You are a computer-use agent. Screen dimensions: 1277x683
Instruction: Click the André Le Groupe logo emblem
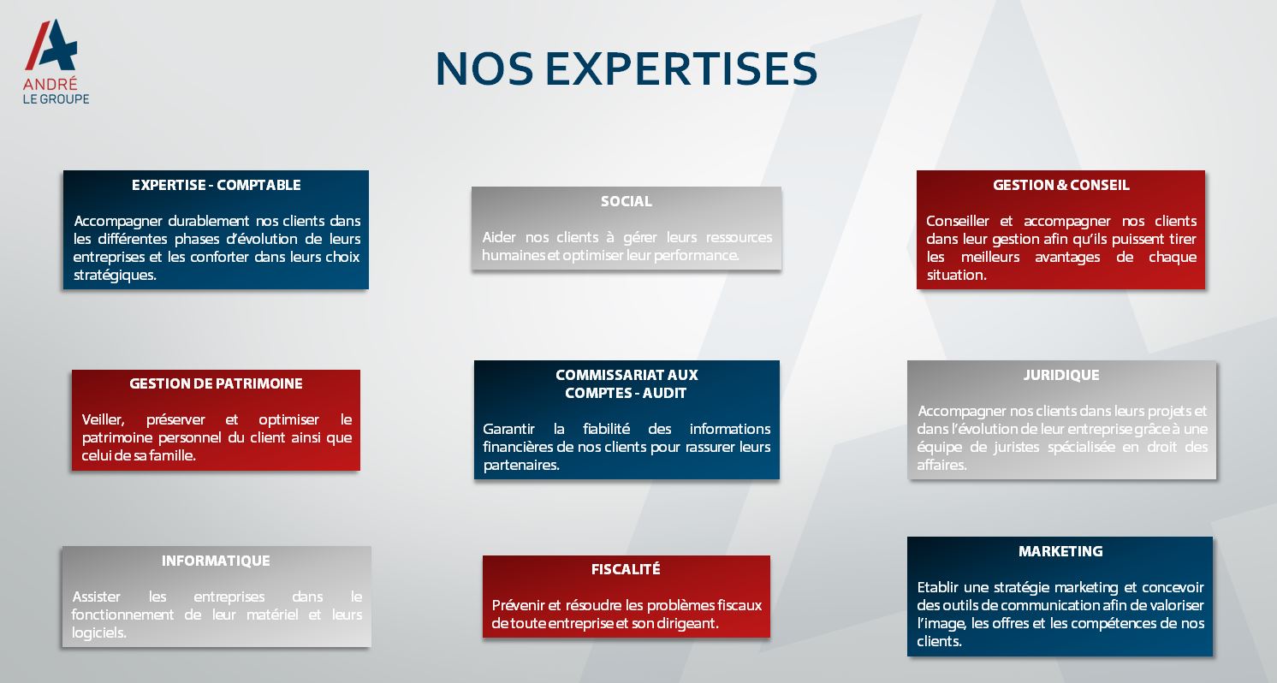51,45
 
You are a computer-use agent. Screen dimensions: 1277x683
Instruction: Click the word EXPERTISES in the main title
681,69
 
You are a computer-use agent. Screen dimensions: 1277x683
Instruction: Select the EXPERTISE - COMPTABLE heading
216,185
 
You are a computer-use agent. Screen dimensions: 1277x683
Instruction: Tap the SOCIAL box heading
626,201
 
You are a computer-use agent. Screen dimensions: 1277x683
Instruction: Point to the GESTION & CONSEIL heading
1061,185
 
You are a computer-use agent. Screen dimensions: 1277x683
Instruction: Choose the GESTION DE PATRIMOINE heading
216,383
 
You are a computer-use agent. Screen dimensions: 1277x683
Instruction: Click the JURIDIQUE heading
1061,375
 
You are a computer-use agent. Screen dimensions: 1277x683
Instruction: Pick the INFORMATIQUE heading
216,561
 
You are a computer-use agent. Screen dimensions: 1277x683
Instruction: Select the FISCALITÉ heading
626,569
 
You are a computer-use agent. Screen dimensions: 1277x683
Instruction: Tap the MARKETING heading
1061,551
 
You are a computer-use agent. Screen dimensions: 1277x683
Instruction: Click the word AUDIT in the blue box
664,394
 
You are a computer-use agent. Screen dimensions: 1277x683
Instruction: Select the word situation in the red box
955,276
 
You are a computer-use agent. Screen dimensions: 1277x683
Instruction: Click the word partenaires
521,466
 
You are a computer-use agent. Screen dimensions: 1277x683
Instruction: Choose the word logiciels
98,633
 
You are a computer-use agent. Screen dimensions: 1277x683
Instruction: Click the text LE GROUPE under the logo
56,98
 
